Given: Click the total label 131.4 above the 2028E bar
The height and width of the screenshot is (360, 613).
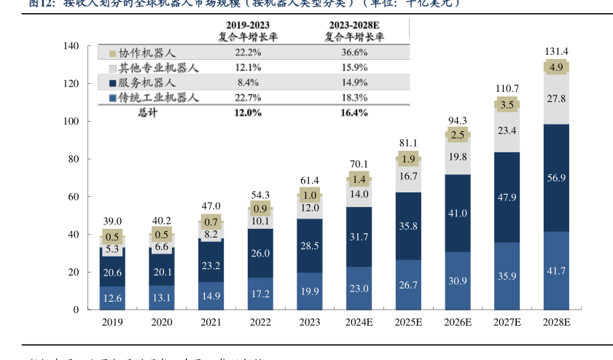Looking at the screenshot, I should [x=557, y=51].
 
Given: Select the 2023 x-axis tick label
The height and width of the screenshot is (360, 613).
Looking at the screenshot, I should [x=310, y=322].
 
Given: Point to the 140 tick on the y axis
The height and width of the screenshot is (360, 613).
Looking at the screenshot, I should [x=71, y=46].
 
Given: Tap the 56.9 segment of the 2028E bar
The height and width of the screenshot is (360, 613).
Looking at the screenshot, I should [x=557, y=178].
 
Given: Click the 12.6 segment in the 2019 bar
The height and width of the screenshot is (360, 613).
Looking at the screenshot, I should [x=112, y=297].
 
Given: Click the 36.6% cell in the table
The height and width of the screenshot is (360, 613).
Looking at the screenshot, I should [x=354, y=53].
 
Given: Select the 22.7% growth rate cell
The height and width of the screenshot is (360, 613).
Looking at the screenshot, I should [x=248, y=98].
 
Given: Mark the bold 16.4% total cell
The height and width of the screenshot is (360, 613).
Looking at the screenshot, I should [x=354, y=113].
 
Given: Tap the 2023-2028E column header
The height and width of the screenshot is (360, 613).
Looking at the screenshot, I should [x=354, y=30].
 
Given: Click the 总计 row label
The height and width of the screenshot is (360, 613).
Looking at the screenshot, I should [x=147, y=113].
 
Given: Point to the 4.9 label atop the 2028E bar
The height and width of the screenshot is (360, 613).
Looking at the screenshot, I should [x=557, y=68].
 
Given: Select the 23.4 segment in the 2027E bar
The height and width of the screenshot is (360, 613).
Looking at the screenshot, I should [x=508, y=130].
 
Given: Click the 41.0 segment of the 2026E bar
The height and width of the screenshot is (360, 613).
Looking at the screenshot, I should [x=458, y=214].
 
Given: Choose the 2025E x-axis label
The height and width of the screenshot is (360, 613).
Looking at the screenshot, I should [x=408, y=322].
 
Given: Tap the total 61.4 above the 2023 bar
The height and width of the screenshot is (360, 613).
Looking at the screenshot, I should [x=310, y=181].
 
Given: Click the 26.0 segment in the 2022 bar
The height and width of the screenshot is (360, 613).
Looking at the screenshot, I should [x=260, y=253].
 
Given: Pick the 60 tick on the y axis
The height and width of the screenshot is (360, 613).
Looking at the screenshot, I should [x=74, y=197].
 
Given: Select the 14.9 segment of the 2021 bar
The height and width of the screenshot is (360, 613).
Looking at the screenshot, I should [x=211, y=295].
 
